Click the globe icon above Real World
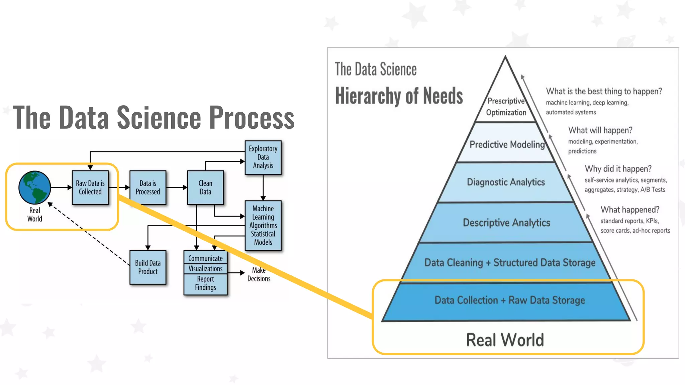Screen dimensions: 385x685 coord(35,187)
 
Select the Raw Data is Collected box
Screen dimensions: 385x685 coord(90,187)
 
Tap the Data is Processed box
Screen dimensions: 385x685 coord(148,187)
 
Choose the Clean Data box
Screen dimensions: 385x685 coord(205,187)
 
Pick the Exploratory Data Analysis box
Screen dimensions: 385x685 coord(263,157)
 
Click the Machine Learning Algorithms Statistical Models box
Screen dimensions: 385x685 coord(263,225)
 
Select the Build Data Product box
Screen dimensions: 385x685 coord(148,267)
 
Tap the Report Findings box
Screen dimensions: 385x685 coord(205,283)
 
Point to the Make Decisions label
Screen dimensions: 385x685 coord(259,274)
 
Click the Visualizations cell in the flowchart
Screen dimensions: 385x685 coord(205,269)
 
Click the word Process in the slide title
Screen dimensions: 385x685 coord(252,117)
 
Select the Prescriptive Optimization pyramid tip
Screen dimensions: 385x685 coord(506,107)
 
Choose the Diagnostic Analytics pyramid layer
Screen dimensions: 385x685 coord(506,182)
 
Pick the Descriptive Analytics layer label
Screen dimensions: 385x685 coord(506,223)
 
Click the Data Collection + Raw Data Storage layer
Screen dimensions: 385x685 coord(510,300)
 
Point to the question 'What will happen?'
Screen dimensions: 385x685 coord(600,130)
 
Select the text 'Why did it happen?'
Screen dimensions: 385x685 coord(618,169)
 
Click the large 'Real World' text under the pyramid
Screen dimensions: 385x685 coord(505,340)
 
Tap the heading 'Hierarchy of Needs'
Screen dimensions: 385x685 coord(399,96)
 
